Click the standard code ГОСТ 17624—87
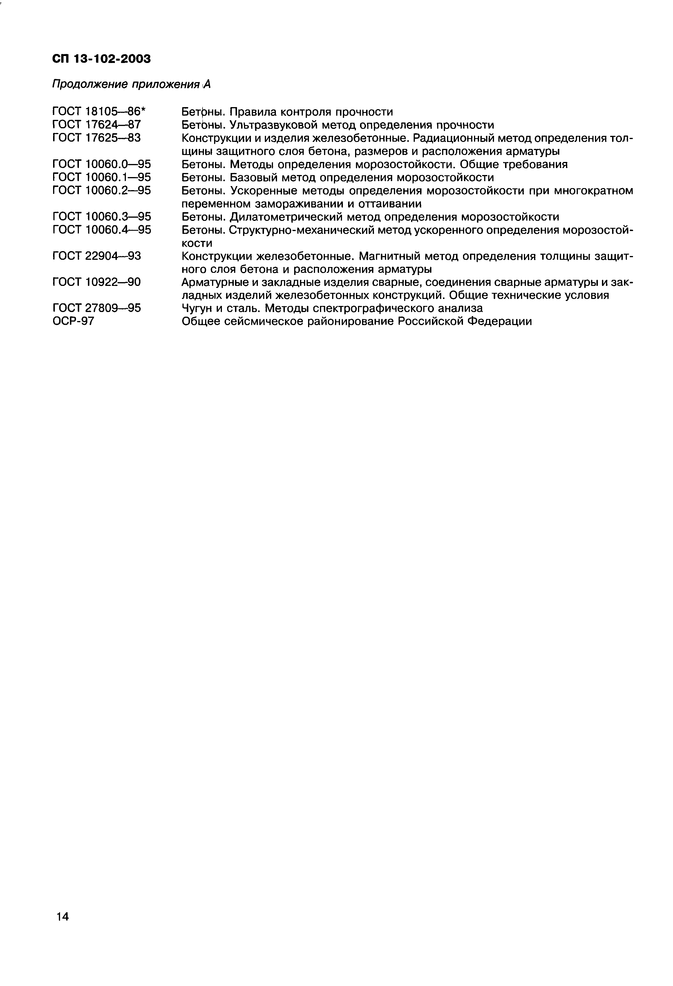(96, 125)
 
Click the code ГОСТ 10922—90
(96, 282)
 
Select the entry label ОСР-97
(73, 321)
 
